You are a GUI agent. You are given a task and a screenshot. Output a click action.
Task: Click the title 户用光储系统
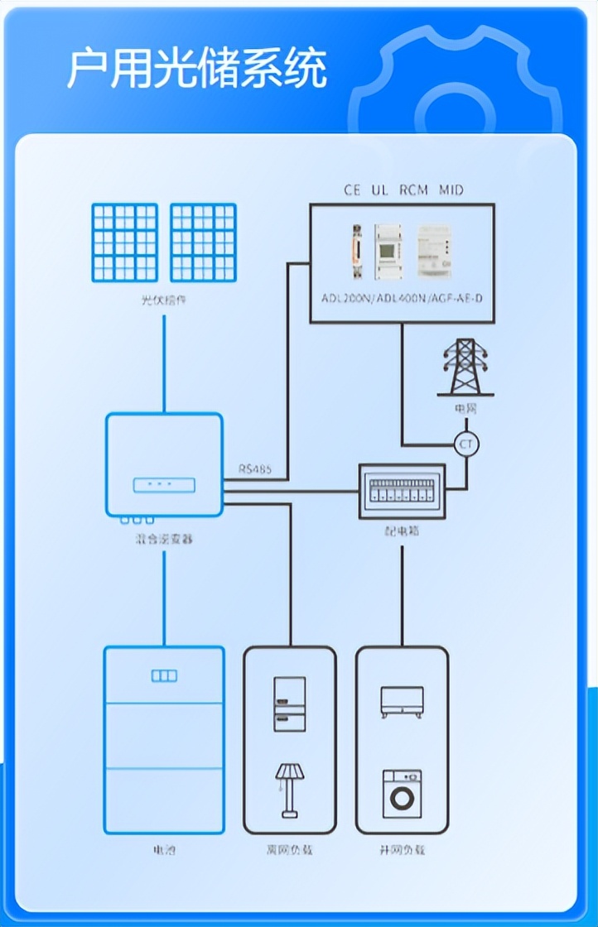(196, 68)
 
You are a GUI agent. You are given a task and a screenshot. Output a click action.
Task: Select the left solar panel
(125, 243)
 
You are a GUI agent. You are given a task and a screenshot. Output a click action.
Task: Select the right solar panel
(203, 243)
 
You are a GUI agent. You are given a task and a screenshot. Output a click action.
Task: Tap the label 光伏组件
(164, 300)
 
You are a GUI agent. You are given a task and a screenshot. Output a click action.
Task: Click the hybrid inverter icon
(164, 465)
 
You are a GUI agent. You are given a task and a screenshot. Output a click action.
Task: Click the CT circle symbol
(467, 444)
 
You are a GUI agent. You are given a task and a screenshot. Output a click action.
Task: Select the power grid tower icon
(466, 367)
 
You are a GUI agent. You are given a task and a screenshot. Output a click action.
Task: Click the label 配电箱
(403, 531)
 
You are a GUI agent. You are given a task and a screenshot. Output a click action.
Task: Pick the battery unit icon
(164, 739)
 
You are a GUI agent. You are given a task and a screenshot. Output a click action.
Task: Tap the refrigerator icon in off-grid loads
(289, 704)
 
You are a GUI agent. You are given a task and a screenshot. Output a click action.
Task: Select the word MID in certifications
(451, 190)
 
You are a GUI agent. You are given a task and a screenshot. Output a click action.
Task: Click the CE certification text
(353, 190)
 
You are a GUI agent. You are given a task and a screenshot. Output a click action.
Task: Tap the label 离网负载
(289, 850)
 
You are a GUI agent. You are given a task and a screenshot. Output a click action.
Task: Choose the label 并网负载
(402, 850)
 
